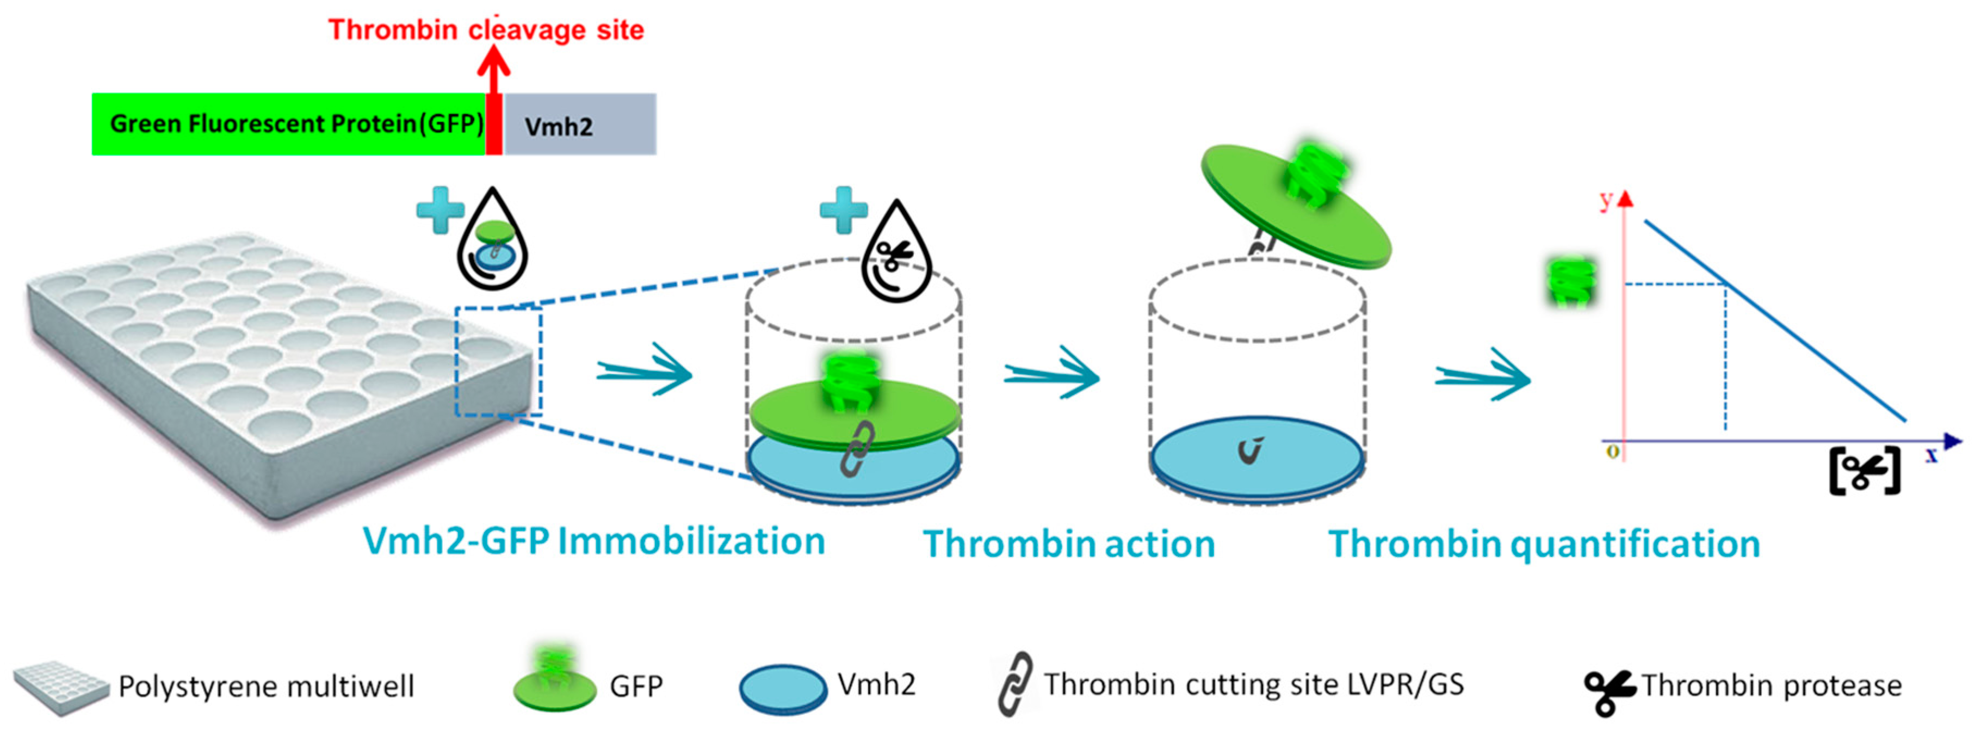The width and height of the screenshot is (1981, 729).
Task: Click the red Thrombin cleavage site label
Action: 486,30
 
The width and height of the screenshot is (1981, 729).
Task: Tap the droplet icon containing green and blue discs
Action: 492,242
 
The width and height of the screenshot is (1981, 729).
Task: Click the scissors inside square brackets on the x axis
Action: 1864,471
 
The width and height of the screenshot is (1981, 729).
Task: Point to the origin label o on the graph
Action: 1613,452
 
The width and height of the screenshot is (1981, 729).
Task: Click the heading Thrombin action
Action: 1069,545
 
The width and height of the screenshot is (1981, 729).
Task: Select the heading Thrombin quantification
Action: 1544,545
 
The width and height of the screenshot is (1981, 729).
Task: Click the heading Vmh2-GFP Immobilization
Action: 593,541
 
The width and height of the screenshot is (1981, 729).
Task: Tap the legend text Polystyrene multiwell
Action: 266,686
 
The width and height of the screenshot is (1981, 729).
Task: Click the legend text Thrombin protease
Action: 1772,685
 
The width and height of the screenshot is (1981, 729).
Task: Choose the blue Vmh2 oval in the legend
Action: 783,688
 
